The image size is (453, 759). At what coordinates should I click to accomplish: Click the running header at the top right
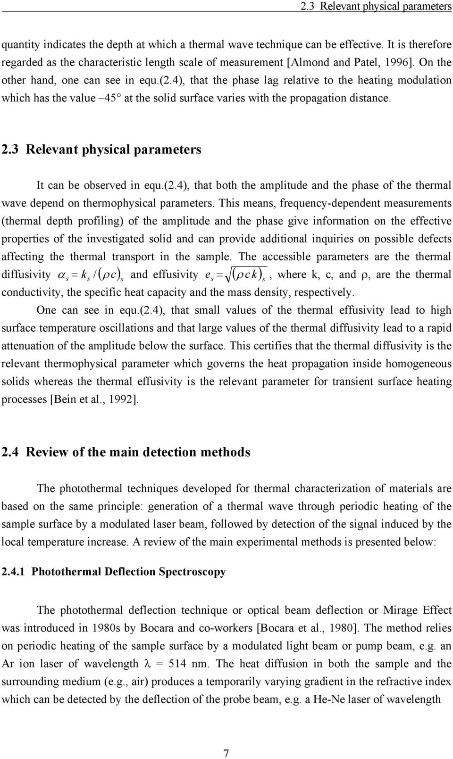pyautogui.click(x=376, y=7)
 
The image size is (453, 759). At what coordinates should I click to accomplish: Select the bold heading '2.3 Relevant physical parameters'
pyautogui.click(x=101, y=150)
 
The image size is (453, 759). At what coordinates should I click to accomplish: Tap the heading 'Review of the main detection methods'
pyautogui.click(x=138, y=452)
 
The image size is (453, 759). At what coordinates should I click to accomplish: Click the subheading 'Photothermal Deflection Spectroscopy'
pyautogui.click(x=128, y=572)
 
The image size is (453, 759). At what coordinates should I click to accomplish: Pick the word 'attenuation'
pyautogui.click(x=26, y=346)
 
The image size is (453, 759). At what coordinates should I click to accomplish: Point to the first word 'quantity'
pyautogui.click(x=20, y=44)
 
